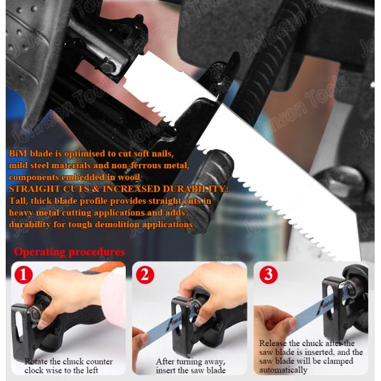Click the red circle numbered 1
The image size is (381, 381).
pos(23,275)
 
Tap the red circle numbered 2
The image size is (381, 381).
pos(145,275)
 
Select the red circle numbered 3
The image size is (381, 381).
pos(269,275)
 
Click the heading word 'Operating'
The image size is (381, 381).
pos(39,252)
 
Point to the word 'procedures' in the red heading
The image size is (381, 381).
pos(97,252)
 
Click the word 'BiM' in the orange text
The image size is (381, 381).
pos(18,154)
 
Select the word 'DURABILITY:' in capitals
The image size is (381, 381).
pos(196,189)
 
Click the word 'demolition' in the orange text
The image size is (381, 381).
pos(117,225)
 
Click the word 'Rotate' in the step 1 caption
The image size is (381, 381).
pos(36,361)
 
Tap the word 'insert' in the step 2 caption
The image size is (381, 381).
pos(166,371)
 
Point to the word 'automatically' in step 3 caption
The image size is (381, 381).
pos(283,370)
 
